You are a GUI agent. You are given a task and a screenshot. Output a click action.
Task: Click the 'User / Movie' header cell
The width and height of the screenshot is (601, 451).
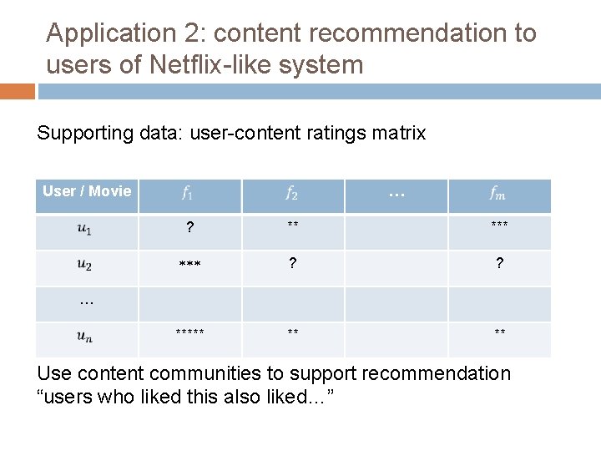coord(87,191)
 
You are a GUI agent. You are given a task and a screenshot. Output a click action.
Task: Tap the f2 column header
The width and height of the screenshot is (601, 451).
coord(292,195)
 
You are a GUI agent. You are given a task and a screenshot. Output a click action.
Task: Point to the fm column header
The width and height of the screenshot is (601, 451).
coord(498,195)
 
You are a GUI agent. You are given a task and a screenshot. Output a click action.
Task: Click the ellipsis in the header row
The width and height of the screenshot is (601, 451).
coord(396,195)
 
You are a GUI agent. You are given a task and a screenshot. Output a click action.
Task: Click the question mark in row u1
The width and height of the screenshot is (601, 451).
coord(190,229)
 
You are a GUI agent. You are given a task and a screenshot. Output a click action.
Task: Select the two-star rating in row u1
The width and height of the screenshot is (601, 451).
coord(293,225)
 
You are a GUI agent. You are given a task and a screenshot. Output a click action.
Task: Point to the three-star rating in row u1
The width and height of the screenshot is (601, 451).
coord(499,225)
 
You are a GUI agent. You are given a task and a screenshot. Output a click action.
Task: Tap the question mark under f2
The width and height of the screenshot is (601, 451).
coord(292,264)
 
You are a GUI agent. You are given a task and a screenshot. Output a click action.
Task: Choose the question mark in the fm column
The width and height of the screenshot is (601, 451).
coord(499,264)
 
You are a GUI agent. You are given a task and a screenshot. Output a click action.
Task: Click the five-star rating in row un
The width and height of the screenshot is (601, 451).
coord(190,332)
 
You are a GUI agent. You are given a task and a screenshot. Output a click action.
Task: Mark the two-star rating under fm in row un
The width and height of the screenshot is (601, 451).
coord(499,332)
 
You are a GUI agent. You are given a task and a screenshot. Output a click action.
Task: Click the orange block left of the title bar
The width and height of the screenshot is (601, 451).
coord(18,91)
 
